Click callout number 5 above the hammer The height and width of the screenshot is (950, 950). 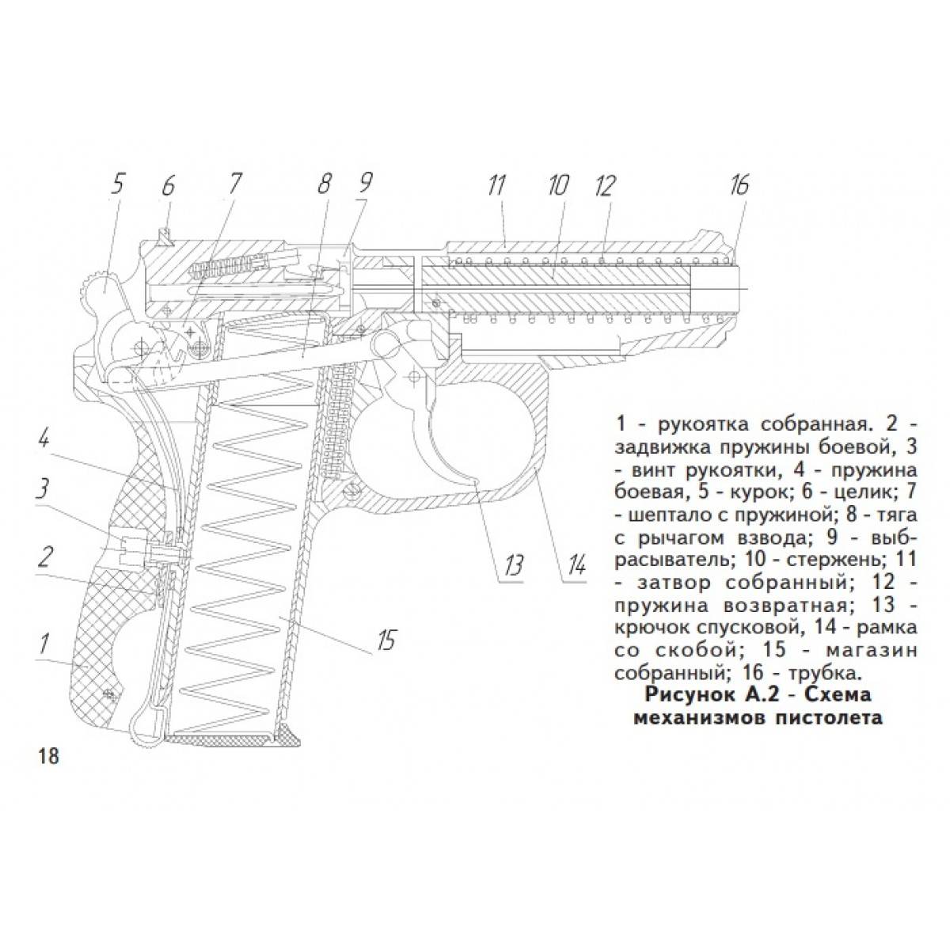click(118, 186)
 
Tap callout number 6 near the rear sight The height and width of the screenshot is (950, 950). click(168, 186)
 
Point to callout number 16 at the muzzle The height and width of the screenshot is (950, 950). click(739, 185)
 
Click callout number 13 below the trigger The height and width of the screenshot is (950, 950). click(512, 565)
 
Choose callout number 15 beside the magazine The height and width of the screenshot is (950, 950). click(386, 640)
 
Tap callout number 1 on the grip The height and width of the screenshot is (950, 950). click(44, 643)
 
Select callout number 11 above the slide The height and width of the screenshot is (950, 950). click(497, 186)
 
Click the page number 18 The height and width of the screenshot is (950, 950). click(47, 769)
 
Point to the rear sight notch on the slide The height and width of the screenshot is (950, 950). click(166, 235)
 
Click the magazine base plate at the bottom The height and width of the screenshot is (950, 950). click(232, 739)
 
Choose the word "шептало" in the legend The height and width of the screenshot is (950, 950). click(671, 516)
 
